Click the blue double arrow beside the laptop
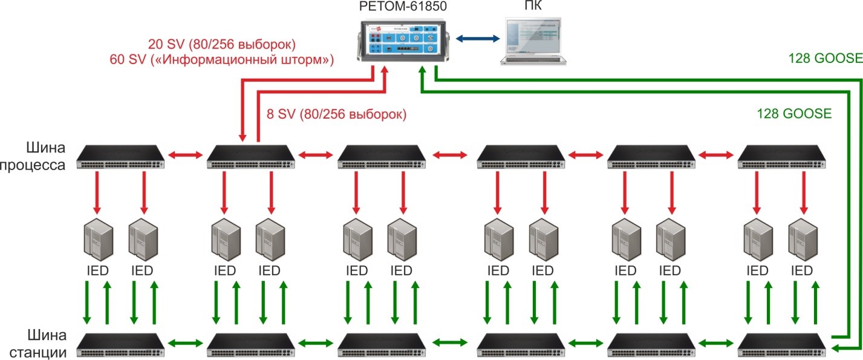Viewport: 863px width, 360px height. (478, 39)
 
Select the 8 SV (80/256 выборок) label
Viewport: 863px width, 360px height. (336, 114)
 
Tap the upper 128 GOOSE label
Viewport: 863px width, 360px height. (825, 59)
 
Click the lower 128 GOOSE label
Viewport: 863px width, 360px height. (794, 113)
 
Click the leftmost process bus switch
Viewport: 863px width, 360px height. (120, 156)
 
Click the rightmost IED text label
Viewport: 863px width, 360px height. (801, 270)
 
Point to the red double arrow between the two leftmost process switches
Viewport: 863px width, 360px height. (185, 156)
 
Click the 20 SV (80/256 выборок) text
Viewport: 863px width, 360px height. (221, 44)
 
